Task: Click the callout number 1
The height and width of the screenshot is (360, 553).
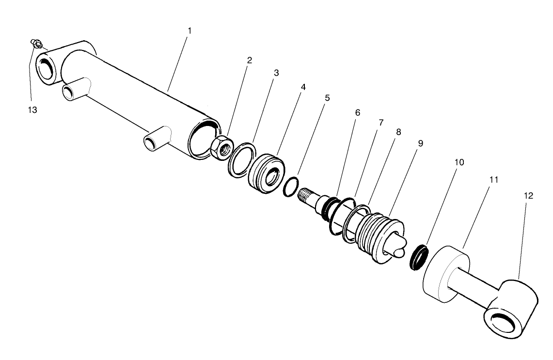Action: pos(190,31)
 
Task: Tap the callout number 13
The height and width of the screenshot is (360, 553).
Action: pos(32,110)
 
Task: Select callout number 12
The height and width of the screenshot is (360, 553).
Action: pos(528,196)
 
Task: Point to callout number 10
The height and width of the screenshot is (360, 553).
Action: pos(459,162)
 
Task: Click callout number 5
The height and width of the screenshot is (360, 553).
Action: pos(327,98)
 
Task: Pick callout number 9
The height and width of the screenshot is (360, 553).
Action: pos(420,143)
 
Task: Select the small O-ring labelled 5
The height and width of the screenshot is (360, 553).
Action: pos(289,187)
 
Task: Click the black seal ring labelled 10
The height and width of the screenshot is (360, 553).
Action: pos(419,257)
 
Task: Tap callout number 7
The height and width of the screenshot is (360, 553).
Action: pos(381,123)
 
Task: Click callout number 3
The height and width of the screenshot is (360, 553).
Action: pos(276,73)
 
